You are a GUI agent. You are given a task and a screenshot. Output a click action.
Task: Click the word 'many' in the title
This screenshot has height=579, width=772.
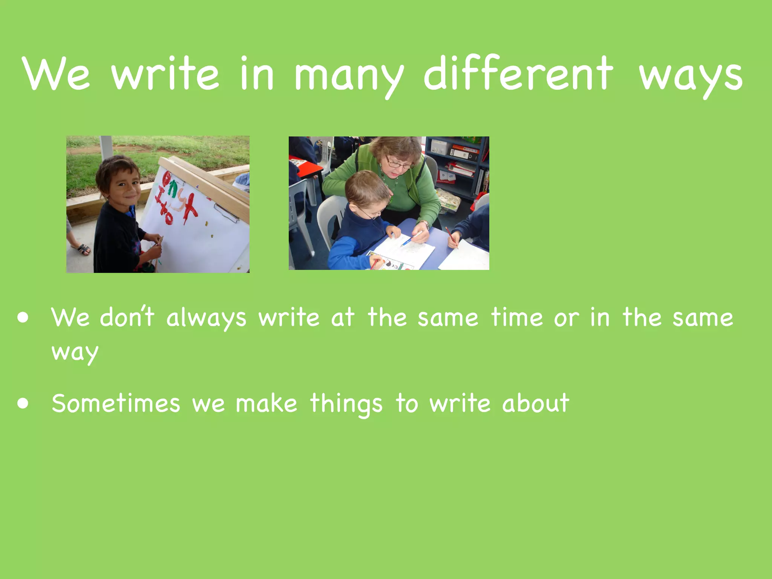coord(349,75)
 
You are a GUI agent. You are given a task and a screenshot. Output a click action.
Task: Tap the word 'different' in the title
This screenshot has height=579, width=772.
coord(518,74)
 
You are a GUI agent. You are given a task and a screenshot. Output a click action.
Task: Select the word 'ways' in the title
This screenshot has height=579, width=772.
coord(690,77)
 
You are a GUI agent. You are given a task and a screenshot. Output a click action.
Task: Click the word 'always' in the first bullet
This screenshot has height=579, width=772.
coord(206,317)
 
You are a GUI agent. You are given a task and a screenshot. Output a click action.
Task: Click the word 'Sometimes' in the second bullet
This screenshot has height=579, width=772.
coord(116,403)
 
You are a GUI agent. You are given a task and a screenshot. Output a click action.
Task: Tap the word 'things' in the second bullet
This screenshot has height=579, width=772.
coord(346,404)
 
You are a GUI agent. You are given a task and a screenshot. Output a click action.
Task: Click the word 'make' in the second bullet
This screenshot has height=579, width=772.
coord(266,403)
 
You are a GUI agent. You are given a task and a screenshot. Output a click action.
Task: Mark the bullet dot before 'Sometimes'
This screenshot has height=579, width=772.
coord(23,404)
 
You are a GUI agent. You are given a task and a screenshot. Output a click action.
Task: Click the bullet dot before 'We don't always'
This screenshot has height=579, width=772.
coord(23,317)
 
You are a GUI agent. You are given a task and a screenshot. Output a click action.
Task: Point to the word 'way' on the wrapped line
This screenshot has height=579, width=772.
coord(75,353)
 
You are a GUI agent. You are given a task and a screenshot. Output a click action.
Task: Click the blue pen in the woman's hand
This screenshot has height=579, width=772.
coord(411,239)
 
